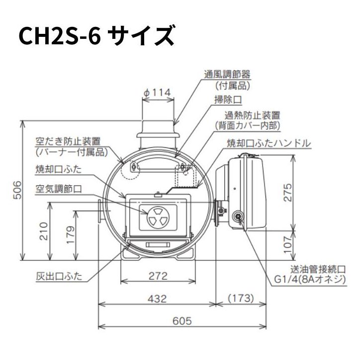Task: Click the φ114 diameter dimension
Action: tap(157, 92)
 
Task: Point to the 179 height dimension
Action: tap(70, 234)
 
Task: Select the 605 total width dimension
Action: tap(182, 321)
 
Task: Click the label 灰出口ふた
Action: tap(59, 275)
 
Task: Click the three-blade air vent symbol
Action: tap(157, 217)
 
